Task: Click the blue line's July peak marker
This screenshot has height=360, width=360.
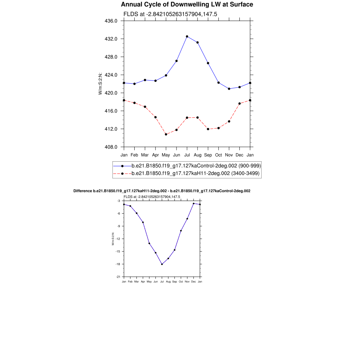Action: (x=187, y=37)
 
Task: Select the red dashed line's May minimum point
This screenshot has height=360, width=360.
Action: (x=166, y=134)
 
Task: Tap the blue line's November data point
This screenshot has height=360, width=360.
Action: (x=229, y=89)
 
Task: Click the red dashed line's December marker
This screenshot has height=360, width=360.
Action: (x=239, y=103)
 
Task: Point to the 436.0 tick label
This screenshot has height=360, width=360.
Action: (x=111, y=21)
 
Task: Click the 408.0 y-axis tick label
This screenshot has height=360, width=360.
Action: (x=111, y=147)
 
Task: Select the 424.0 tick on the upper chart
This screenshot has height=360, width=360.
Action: (x=111, y=75)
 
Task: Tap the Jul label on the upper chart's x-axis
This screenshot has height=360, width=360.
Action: (x=187, y=155)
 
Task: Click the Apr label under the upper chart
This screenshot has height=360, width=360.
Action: (x=155, y=155)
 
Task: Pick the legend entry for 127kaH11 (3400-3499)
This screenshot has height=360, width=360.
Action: (x=195, y=173)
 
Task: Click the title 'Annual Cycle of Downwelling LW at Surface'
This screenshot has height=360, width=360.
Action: (x=187, y=5)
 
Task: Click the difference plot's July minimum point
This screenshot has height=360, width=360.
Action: (x=162, y=264)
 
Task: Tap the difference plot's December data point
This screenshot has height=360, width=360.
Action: (x=193, y=204)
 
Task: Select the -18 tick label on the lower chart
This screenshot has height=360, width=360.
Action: (x=118, y=264)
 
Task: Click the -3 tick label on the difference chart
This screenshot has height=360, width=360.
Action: (x=118, y=201)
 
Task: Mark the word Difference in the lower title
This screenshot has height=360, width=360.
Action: (x=83, y=191)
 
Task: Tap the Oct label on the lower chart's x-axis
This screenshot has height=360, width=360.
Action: (x=181, y=282)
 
